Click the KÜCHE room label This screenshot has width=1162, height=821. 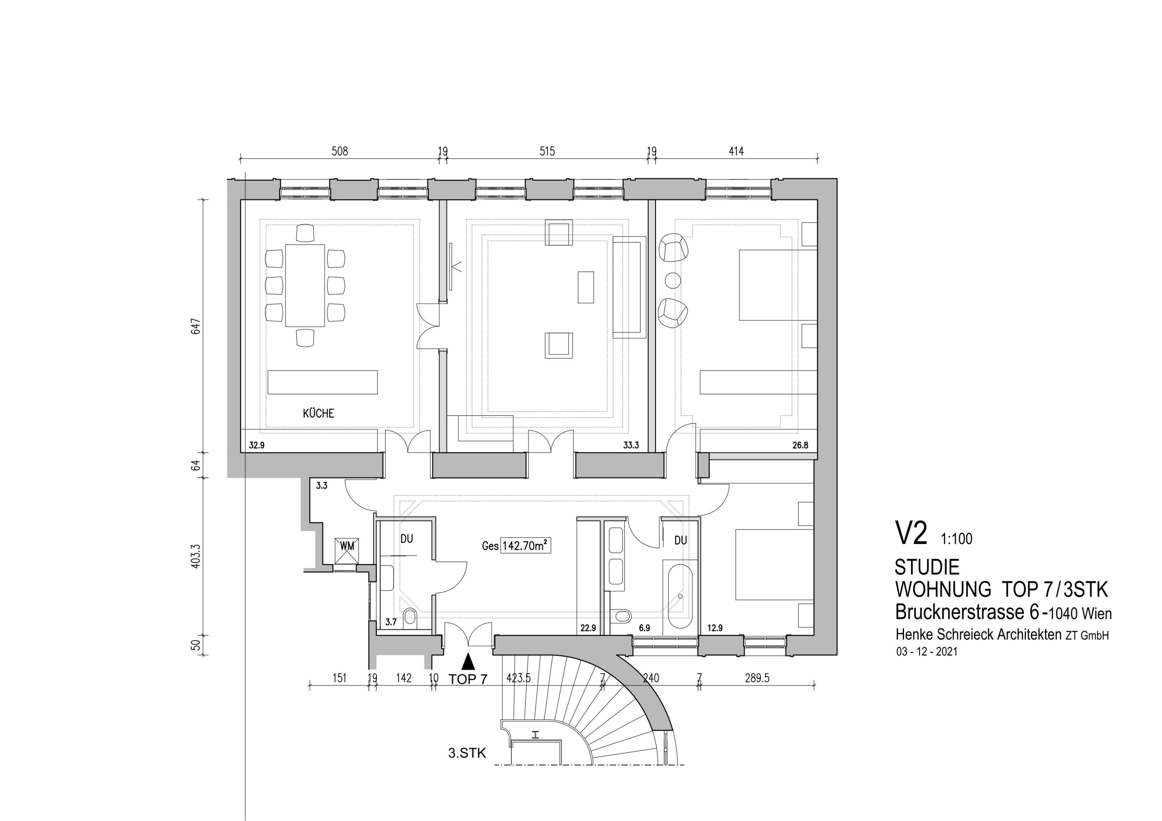pyautogui.click(x=318, y=413)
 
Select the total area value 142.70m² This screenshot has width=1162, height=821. pyautogui.click(x=525, y=546)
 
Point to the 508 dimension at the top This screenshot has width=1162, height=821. pyautogui.click(x=340, y=151)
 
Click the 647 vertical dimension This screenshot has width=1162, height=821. pyautogui.click(x=196, y=326)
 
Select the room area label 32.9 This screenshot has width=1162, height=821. pyautogui.click(x=257, y=446)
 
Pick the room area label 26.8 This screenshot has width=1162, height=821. pyautogui.click(x=800, y=446)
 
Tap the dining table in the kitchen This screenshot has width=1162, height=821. pyautogui.click(x=305, y=286)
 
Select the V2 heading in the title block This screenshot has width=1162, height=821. pyautogui.click(x=911, y=534)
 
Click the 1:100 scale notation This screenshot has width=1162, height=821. pyautogui.click(x=956, y=539)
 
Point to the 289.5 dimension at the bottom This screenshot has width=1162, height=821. pyautogui.click(x=757, y=678)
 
